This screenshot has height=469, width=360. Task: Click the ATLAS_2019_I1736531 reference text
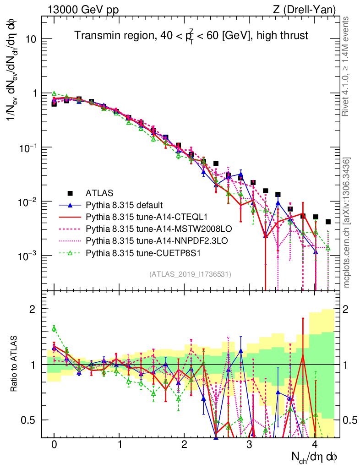point(190,274)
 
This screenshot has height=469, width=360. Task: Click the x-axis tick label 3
point(249,445)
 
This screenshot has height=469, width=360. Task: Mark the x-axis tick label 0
point(54,445)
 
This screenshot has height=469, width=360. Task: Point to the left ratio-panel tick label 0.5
point(28,420)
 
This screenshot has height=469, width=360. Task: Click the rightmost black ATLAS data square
point(328,222)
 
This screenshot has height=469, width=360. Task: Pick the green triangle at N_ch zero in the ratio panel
point(54,328)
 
